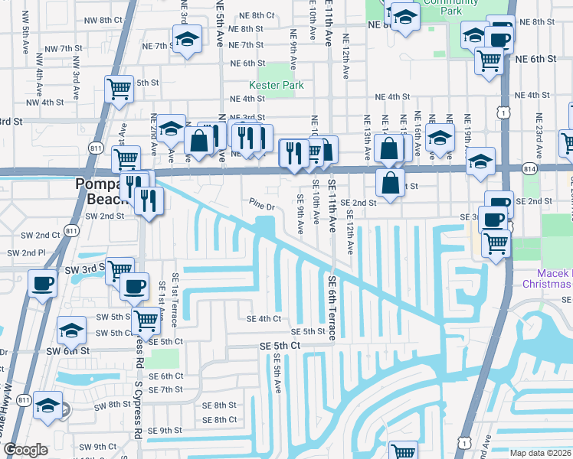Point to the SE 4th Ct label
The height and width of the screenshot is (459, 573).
tap(264, 318)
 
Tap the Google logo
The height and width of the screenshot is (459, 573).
tap(25, 450)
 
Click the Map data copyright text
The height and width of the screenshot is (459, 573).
tap(541, 453)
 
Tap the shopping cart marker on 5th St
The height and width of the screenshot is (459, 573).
tap(119, 89)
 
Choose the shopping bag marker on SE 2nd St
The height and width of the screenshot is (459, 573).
tap(390, 182)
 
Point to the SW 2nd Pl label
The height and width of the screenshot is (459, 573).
tap(24, 252)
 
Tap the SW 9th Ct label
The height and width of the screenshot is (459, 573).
tap(95, 447)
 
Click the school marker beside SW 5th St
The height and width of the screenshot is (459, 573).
tap(71, 330)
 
